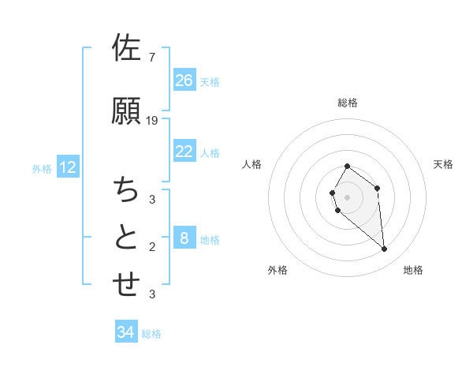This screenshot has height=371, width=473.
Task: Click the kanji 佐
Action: click(x=126, y=48)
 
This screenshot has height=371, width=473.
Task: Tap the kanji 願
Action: click(x=126, y=112)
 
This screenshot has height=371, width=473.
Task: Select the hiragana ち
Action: click(x=126, y=190)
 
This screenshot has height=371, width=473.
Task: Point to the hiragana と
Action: click(x=126, y=236)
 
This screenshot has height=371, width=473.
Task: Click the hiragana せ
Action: click(x=126, y=284)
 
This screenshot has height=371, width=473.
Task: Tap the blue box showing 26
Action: click(x=184, y=81)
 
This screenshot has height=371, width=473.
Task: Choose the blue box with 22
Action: click(x=184, y=152)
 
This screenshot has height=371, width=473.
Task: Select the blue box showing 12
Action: click(x=68, y=167)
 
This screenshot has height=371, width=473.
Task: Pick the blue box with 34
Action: click(x=126, y=332)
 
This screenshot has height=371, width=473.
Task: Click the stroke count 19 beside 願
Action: click(x=153, y=120)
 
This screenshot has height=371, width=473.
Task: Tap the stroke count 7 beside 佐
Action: click(x=152, y=57)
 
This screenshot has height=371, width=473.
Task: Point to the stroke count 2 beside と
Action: click(x=152, y=247)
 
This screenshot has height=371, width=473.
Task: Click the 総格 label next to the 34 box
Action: click(x=151, y=334)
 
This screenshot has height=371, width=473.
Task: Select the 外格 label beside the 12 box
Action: click(x=42, y=169)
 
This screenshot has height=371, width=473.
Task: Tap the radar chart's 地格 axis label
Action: click(x=413, y=270)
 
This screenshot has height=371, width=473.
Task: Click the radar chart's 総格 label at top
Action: click(x=348, y=103)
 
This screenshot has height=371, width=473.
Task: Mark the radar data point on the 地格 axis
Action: click(x=385, y=249)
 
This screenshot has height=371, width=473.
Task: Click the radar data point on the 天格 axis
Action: click(x=378, y=188)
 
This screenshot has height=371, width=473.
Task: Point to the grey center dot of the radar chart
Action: click(x=348, y=197)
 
